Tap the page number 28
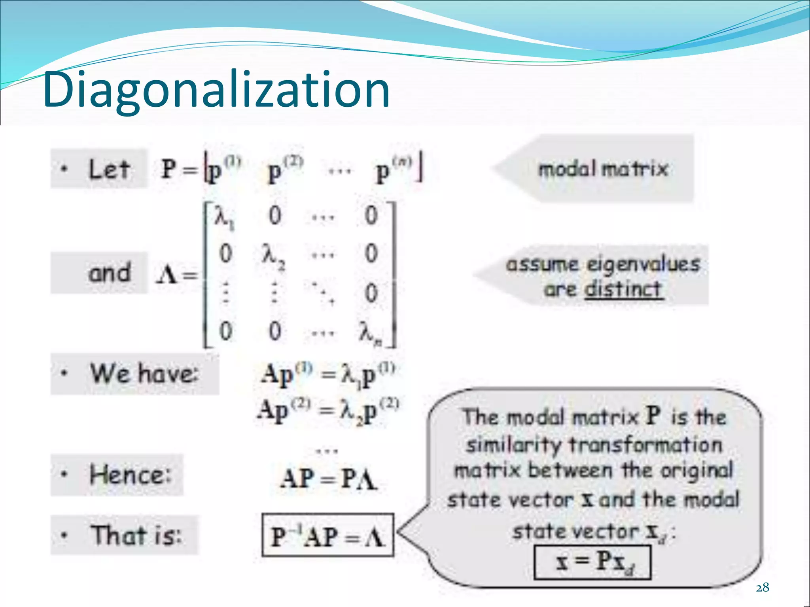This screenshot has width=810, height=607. (x=762, y=588)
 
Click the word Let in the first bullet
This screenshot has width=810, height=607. (x=109, y=170)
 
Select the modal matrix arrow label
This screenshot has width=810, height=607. (x=603, y=169)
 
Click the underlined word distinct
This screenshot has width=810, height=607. (x=623, y=289)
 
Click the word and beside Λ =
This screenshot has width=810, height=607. (x=109, y=273)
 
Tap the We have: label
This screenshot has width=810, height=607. (x=144, y=373)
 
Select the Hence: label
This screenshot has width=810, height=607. (x=131, y=475)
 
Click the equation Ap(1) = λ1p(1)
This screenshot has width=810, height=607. (x=327, y=375)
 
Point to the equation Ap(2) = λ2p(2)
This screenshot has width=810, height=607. (x=327, y=411)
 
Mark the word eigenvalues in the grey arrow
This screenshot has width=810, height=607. (x=643, y=264)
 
